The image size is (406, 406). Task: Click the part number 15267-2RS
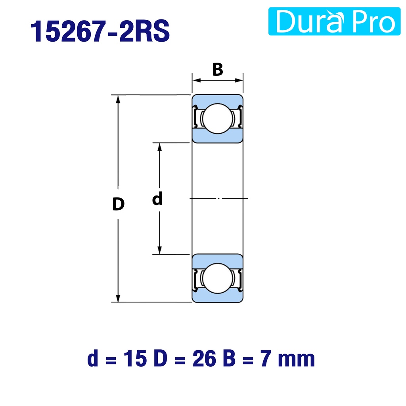tap(100, 31)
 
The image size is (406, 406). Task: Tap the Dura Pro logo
tap(334, 21)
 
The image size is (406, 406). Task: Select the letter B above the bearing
tap(218, 69)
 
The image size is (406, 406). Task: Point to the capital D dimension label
tap(118, 204)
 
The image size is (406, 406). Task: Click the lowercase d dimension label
tap(157, 199)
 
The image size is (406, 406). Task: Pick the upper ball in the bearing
tap(218, 119)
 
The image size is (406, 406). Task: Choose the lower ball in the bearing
tap(218, 278)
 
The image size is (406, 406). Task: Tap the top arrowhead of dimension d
tap(159, 147)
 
